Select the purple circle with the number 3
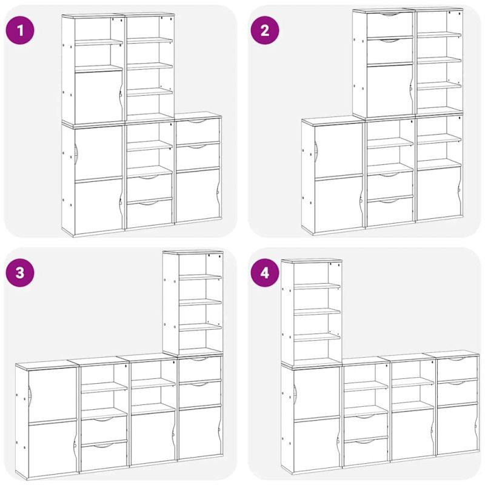pos(20,272)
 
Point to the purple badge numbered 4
pos(265,272)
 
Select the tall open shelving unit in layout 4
pos(312,312)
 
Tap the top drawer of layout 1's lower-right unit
pos(198,130)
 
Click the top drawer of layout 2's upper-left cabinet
pos(390,24)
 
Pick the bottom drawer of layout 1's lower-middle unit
pos(149,213)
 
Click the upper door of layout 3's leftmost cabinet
pos(52,394)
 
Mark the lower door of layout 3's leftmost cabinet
pos(52,449)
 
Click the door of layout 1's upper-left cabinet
pos(98,96)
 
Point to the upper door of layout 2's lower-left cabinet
pos(339,151)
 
